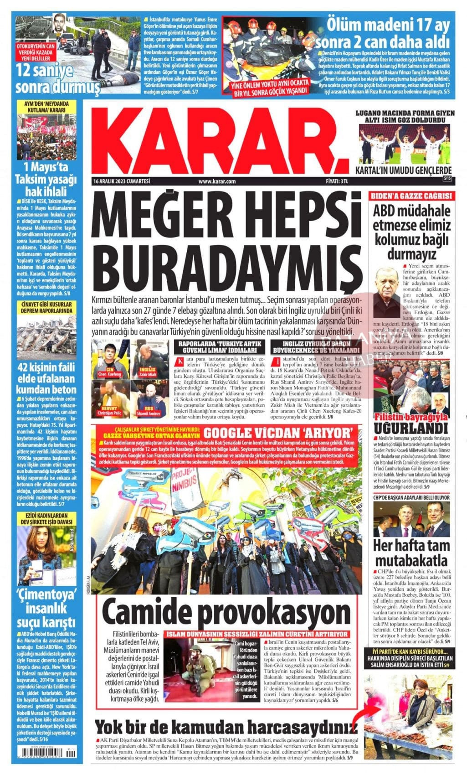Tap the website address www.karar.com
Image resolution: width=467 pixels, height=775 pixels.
click(217, 181)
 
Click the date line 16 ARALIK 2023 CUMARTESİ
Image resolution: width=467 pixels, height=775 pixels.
click(121, 181)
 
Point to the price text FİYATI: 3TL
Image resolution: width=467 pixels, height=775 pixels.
click(337, 181)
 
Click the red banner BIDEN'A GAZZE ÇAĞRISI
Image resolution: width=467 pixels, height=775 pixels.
click(411, 196)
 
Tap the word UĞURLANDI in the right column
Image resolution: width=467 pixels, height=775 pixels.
click(411, 428)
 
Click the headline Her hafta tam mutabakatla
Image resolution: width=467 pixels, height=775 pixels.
click(411, 552)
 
